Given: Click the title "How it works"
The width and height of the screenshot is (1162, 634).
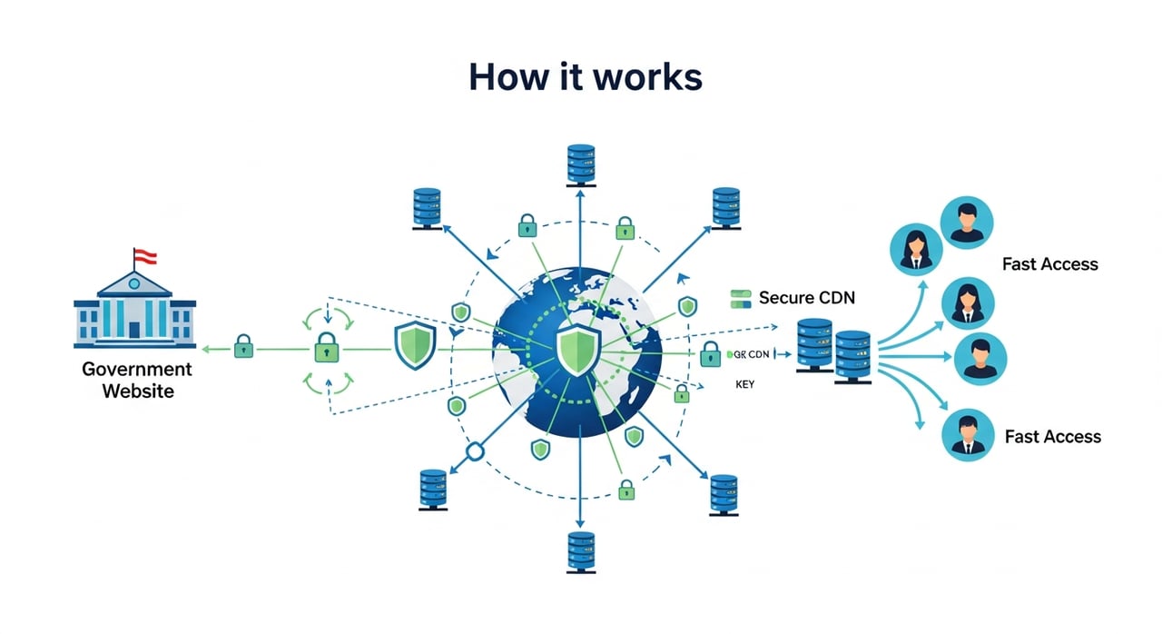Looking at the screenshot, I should pyautogui.click(x=585, y=77).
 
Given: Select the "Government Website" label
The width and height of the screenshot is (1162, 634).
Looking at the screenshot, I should pyautogui.click(x=136, y=381).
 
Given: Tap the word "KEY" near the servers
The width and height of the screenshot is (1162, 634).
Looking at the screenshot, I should pyautogui.click(x=744, y=385).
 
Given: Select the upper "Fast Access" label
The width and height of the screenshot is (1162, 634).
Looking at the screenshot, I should pyautogui.click(x=1049, y=264).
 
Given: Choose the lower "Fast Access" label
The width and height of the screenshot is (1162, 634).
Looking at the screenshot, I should pyautogui.click(x=1052, y=437).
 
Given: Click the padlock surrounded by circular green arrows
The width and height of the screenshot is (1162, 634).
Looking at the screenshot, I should pyautogui.click(x=327, y=349).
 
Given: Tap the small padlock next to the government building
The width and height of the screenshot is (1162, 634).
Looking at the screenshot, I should pyautogui.click(x=243, y=347).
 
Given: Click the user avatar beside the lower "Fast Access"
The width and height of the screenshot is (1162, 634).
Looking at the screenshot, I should pyautogui.click(x=969, y=433).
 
